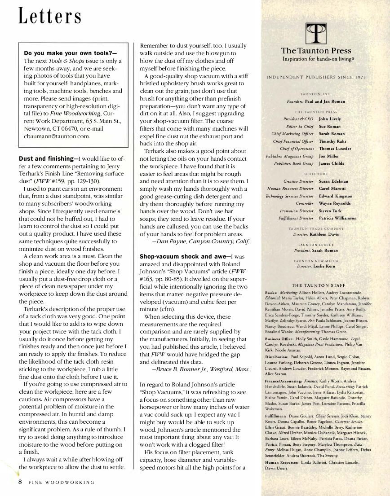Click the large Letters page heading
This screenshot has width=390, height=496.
[50, 17]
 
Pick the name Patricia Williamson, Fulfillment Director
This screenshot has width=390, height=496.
[337, 218]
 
